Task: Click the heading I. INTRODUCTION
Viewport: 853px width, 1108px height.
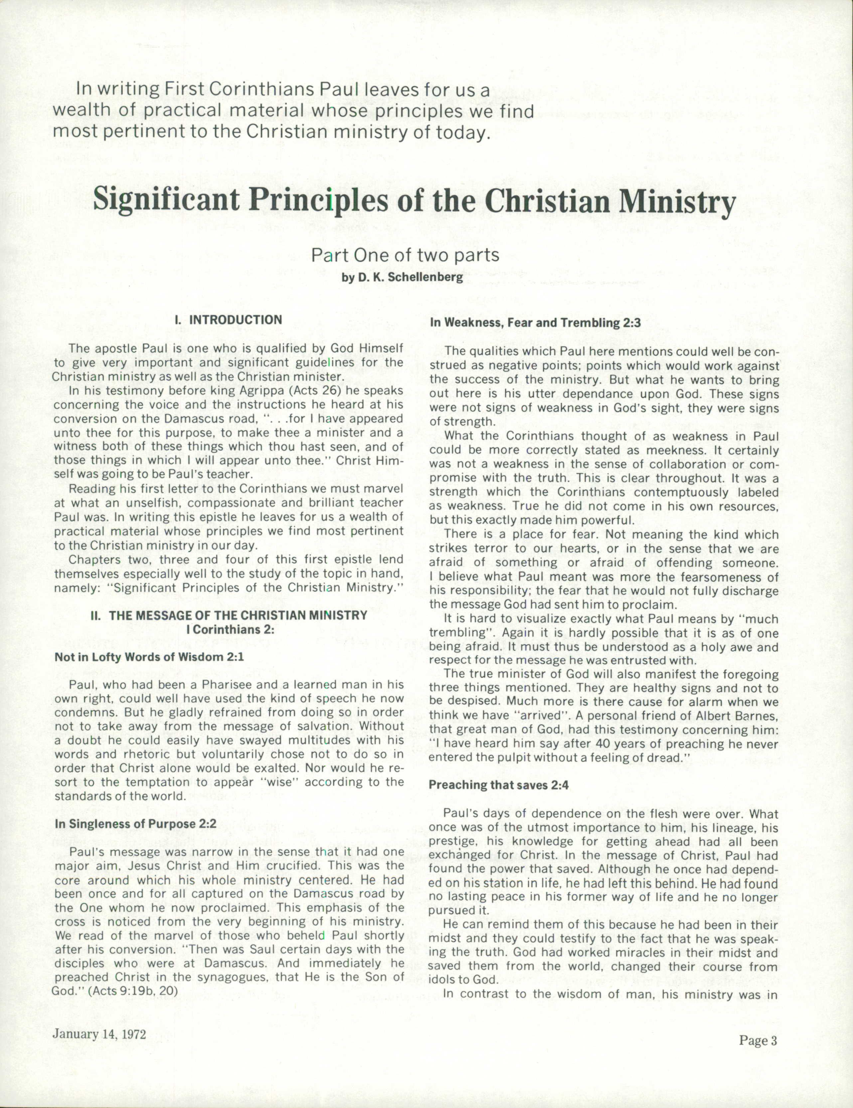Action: click(228, 320)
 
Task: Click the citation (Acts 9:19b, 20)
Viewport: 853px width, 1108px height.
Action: click(133, 991)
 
